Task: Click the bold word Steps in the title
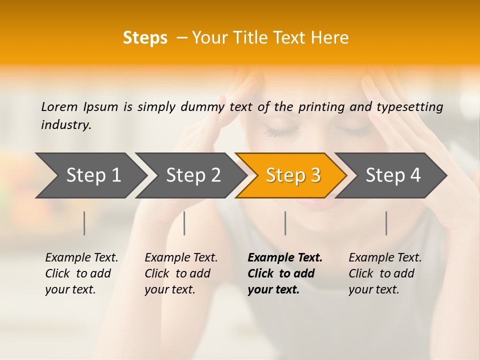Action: [145, 38]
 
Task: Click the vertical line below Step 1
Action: [84, 223]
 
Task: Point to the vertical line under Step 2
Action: [184, 223]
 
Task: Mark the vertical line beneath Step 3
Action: [285, 223]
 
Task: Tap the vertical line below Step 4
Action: [386, 223]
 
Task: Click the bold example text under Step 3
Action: [285, 273]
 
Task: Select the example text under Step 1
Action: [81, 273]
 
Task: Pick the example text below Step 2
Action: [181, 273]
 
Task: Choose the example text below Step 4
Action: [385, 273]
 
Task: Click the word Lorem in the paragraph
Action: [59, 106]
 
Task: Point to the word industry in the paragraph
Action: [66, 125]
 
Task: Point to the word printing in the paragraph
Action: [321, 106]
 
